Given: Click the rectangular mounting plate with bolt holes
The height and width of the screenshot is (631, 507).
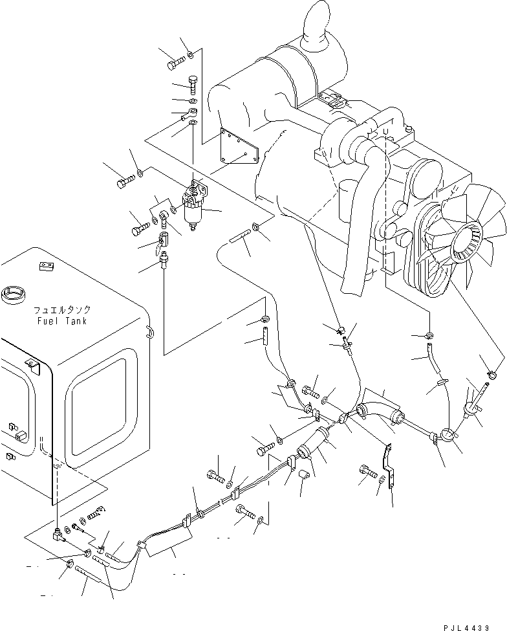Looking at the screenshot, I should pos(239,147).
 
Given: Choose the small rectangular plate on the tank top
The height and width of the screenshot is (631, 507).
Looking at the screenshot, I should pos(45,265).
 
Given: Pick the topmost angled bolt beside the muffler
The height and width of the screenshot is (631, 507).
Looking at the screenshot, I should pos(177,63).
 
